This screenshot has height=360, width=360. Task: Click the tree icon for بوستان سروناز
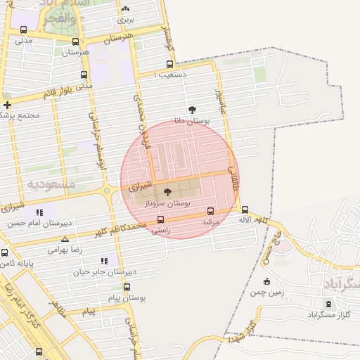167,191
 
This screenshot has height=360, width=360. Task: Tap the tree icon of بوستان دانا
193,109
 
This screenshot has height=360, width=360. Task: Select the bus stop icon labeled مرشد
210,211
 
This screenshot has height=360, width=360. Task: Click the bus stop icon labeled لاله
245,210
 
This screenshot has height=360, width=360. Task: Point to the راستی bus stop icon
160,219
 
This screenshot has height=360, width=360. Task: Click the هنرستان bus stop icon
75,41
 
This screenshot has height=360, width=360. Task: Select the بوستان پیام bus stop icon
127,287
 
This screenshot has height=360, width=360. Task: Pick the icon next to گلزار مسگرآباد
327,304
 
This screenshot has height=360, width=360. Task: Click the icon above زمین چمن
266,281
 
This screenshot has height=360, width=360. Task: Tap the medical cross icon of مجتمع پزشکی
7,105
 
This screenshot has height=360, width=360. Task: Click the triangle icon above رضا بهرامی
65,239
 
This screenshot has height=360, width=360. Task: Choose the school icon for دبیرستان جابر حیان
104,261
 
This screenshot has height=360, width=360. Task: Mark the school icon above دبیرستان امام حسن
39,212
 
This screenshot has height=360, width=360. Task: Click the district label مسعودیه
51,184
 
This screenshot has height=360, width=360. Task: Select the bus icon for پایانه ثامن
5,252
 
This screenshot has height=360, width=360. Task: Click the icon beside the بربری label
125,9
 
